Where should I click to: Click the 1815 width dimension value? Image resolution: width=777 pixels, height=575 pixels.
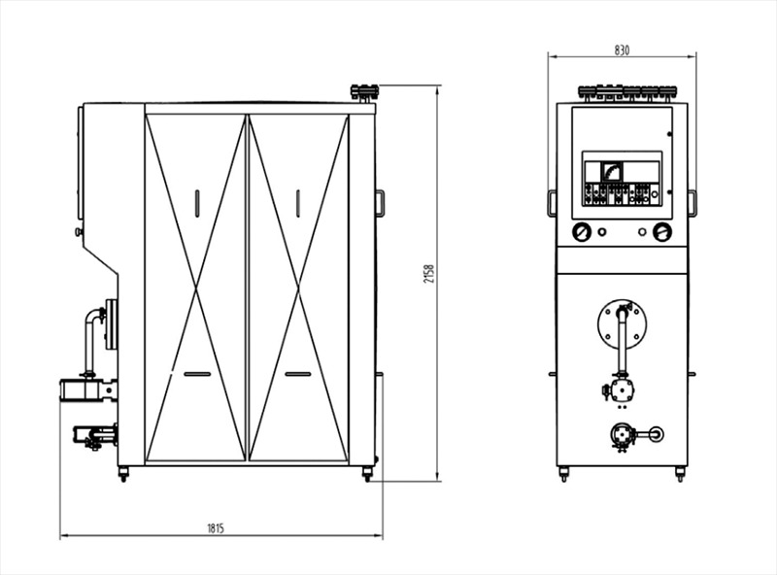coord(216,528)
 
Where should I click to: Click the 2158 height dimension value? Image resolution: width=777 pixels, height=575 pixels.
coord(429,274)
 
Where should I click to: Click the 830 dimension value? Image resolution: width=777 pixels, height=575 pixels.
coord(622,51)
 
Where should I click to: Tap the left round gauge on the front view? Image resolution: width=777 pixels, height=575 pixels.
coord(582,232)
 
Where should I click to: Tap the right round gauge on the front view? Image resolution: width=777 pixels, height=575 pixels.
coord(662,232)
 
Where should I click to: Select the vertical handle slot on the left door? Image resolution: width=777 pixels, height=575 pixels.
coord(197,203)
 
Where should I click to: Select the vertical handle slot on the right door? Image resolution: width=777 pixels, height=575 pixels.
coord(298,203)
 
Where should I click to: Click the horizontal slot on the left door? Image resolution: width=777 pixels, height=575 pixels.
coord(197,374)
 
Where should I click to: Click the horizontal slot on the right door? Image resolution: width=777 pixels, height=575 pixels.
coord(298,374)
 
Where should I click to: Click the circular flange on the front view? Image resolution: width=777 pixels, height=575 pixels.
coord(623,324)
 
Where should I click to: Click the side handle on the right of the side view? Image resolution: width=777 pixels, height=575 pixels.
coord(380,203)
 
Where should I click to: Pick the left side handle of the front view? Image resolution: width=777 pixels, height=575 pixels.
coord(552,203)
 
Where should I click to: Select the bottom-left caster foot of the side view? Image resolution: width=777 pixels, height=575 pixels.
coord(123,474)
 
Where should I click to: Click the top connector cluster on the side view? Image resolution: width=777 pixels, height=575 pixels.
coord(364,92)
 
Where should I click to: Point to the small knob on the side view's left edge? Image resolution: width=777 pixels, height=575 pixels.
coord(78,231)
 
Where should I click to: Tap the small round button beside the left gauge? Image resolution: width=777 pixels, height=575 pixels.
coord(602,232)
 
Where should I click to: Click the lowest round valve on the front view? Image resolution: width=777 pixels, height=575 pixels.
coord(622,435)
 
